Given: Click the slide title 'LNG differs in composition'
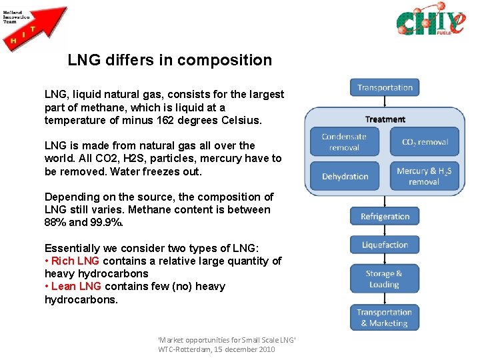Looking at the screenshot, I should pos(169,60).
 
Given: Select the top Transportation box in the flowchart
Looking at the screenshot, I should pos(385,87).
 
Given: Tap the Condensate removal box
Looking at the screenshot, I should pos(344,142).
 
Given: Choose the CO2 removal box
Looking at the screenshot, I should pos(425,142).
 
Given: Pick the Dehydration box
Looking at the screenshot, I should pos(345,176).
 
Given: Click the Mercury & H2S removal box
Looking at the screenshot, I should pos(424,176).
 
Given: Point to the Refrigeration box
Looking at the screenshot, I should pos(385,216).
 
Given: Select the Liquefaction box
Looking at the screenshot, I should pos(385,245).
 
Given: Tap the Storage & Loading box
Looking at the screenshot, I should pos(384,279).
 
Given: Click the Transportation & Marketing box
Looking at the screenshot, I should pos(384,317).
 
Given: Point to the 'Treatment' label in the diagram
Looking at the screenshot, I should pos(385,119).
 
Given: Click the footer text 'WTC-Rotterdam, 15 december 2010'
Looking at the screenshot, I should pos(217,349).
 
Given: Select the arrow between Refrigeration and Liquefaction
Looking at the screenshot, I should pos(385,231).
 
